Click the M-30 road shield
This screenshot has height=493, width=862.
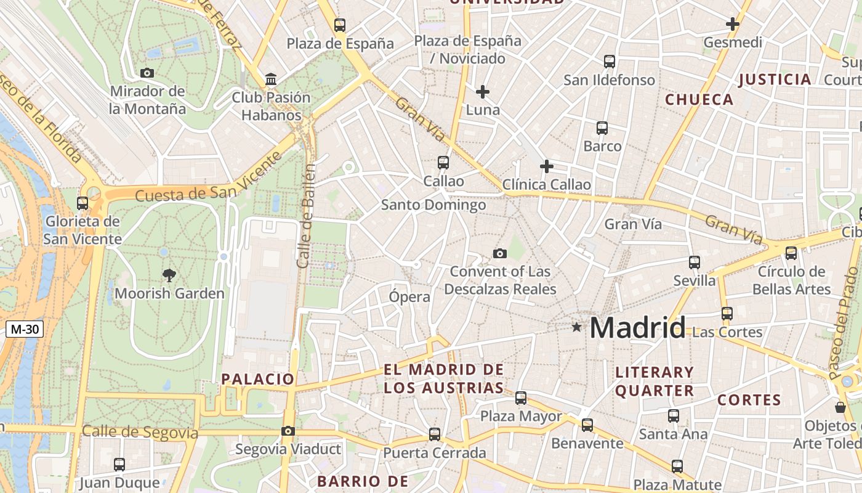[x=25, y=329]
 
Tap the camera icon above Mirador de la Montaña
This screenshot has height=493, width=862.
[x=147, y=73]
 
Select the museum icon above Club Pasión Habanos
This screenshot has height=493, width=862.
[x=271, y=79]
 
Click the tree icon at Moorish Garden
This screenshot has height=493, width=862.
[x=169, y=275]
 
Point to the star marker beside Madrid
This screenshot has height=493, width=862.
[x=576, y=327]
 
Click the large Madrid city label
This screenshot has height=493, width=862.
[x=637, y=327]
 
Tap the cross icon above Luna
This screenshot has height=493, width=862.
[x=483, y=92]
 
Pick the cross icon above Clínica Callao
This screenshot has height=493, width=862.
[x=546, y=166]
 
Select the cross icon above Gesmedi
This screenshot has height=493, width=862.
[x=733, y=24]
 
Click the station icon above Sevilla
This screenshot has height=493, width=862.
[x=695, y=263]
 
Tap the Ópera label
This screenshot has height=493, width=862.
[x=409, y=297]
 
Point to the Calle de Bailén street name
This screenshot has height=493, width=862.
[x=305, y=216]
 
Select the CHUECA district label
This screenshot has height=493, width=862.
[x=699, y=99]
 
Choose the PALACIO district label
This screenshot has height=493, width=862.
[x=258, y=379]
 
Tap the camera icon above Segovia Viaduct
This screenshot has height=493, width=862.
[x=288, y=431]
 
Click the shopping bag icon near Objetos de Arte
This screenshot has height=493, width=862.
[x=840, y=407]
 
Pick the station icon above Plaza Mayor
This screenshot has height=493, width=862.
[x=521, y=398]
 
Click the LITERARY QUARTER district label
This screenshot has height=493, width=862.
[x=655, y=381]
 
